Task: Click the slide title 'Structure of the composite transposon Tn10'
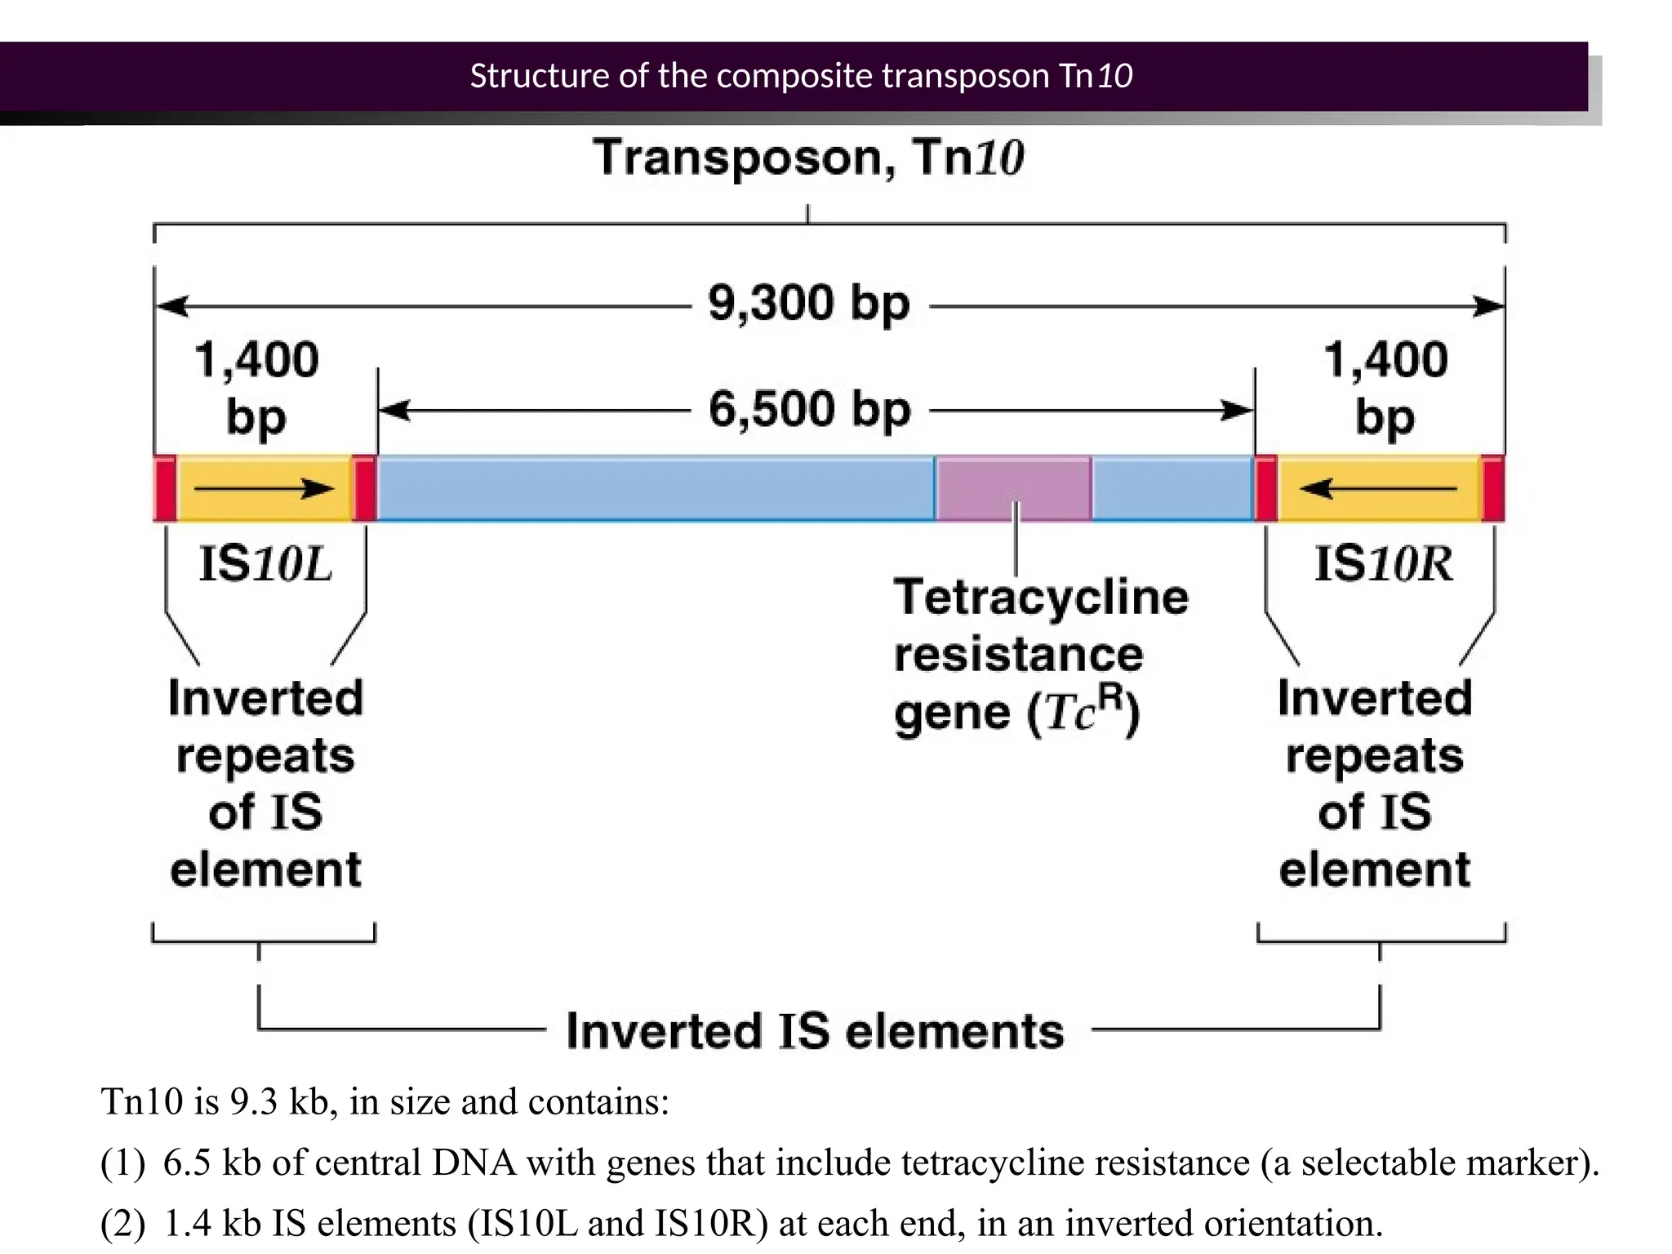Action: pyautogui.click(x=801, y=76)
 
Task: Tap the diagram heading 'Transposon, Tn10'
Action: pyautogui.click(x=808, y=158)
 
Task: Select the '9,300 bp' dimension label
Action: pyautogui.click(x=808, y=304)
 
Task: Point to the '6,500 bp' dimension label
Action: pyautogui.click(x=809, y=409)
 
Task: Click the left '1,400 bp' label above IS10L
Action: pyautogui.click(x=256, y=387)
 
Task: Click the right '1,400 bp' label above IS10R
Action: pyautogui.click(x=1385, y=387)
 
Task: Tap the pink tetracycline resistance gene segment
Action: pyautogui.click(x=1013, y=487)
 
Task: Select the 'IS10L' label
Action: pyautogui.click(x=265, y=564)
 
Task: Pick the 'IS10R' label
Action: pyautogui.click(x=1384, y=564)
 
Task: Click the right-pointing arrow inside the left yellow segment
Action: pyautogui.click(x=264, y=489)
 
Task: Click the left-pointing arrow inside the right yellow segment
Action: pyautogui.click(x=1378, y=489)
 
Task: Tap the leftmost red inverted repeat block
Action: pyautogui.click(x=165, y=488)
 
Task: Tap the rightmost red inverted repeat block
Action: pyautogui.click(x=1493, y=488)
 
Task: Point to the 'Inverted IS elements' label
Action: pyautogui.click(x=815, y=1031)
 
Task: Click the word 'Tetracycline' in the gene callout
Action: pyautogui.click(x=1041, y=598)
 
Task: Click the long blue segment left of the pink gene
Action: pyautogui.click(x=656, y=488)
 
